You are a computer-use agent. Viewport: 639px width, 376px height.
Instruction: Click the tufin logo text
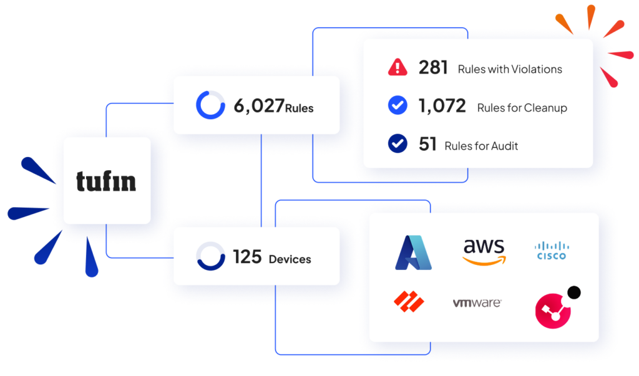coord(106,181)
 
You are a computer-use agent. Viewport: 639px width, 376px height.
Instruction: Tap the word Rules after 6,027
coord(300,108)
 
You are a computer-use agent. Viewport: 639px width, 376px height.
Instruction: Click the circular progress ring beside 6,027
coord(210,105)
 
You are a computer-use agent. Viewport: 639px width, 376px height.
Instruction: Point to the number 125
coord(246,256)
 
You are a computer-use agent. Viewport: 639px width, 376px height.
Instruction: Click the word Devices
coord(290,259)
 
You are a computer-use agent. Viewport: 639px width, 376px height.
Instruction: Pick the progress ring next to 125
coord(210,256)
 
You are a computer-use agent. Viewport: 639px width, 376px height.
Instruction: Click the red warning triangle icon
coord(398,67)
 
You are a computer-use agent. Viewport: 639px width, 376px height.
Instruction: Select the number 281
coord(433,67)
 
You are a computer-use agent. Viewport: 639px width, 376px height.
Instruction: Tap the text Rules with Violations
coord(510,69)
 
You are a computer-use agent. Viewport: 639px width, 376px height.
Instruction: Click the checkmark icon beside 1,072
coord(398,106)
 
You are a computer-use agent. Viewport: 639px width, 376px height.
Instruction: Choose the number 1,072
coord(442,106)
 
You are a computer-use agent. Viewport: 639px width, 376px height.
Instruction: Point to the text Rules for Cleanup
coord(522,108)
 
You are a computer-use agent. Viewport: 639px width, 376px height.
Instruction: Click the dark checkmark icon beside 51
coord(398,144)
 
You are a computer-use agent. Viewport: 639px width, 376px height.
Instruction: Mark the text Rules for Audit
coord(481,146)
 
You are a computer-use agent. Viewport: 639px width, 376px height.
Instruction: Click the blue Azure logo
coord(413,253)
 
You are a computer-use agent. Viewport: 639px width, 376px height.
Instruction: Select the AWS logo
coord(484,251)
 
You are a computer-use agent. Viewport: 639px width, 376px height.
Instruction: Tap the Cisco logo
coord(552,251)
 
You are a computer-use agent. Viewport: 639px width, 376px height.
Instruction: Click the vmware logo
coord(477,303)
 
